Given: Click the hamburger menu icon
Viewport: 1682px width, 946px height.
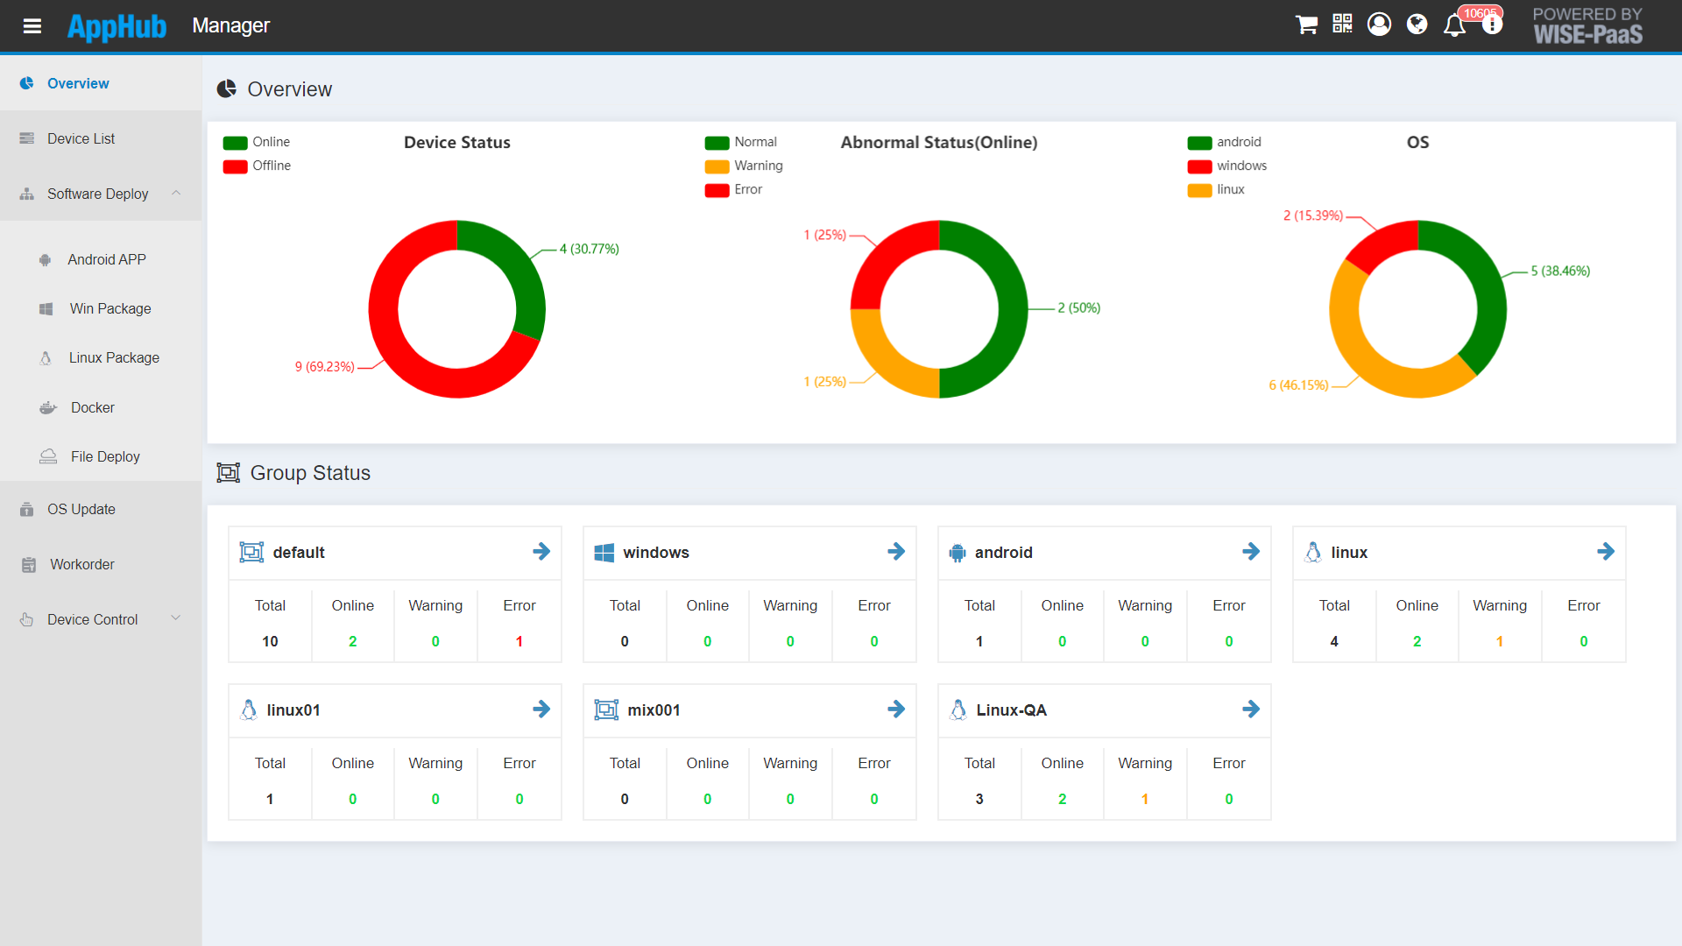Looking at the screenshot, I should tap(32, 26).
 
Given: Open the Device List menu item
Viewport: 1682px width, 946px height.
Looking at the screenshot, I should tap(81, 138).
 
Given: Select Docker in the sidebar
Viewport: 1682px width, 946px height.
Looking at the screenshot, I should tap(92, 407).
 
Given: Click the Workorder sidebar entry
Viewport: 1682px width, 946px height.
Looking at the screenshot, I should tap(81, 564).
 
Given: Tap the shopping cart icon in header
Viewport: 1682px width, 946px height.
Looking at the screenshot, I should tap(1306, 25).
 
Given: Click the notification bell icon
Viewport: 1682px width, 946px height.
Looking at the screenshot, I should tap(1454, 25).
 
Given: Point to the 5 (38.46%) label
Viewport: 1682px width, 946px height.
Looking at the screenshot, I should tap(1560, 272).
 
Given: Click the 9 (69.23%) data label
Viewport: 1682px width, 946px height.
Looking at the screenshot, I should tap(324, 367).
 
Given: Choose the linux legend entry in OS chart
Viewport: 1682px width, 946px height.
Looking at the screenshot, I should tap(1229, 190).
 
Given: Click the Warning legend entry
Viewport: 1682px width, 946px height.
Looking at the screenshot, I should tap(758, 166).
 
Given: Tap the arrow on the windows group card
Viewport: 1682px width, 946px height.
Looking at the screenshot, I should tap(895, 552).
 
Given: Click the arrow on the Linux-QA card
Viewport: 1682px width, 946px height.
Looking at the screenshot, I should tap(1250, 709).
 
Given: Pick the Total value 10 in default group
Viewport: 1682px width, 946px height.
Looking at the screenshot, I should tap(270, 641).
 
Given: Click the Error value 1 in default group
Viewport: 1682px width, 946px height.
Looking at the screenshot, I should tap(519, 641).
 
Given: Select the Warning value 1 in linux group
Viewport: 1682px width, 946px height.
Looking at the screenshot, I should tap(1499, 641).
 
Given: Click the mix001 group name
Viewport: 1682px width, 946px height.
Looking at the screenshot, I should tap(654, 710).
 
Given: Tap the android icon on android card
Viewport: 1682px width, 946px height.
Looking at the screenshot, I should tap(957, 553).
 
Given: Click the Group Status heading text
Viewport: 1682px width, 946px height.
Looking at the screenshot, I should tap(310, 473).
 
